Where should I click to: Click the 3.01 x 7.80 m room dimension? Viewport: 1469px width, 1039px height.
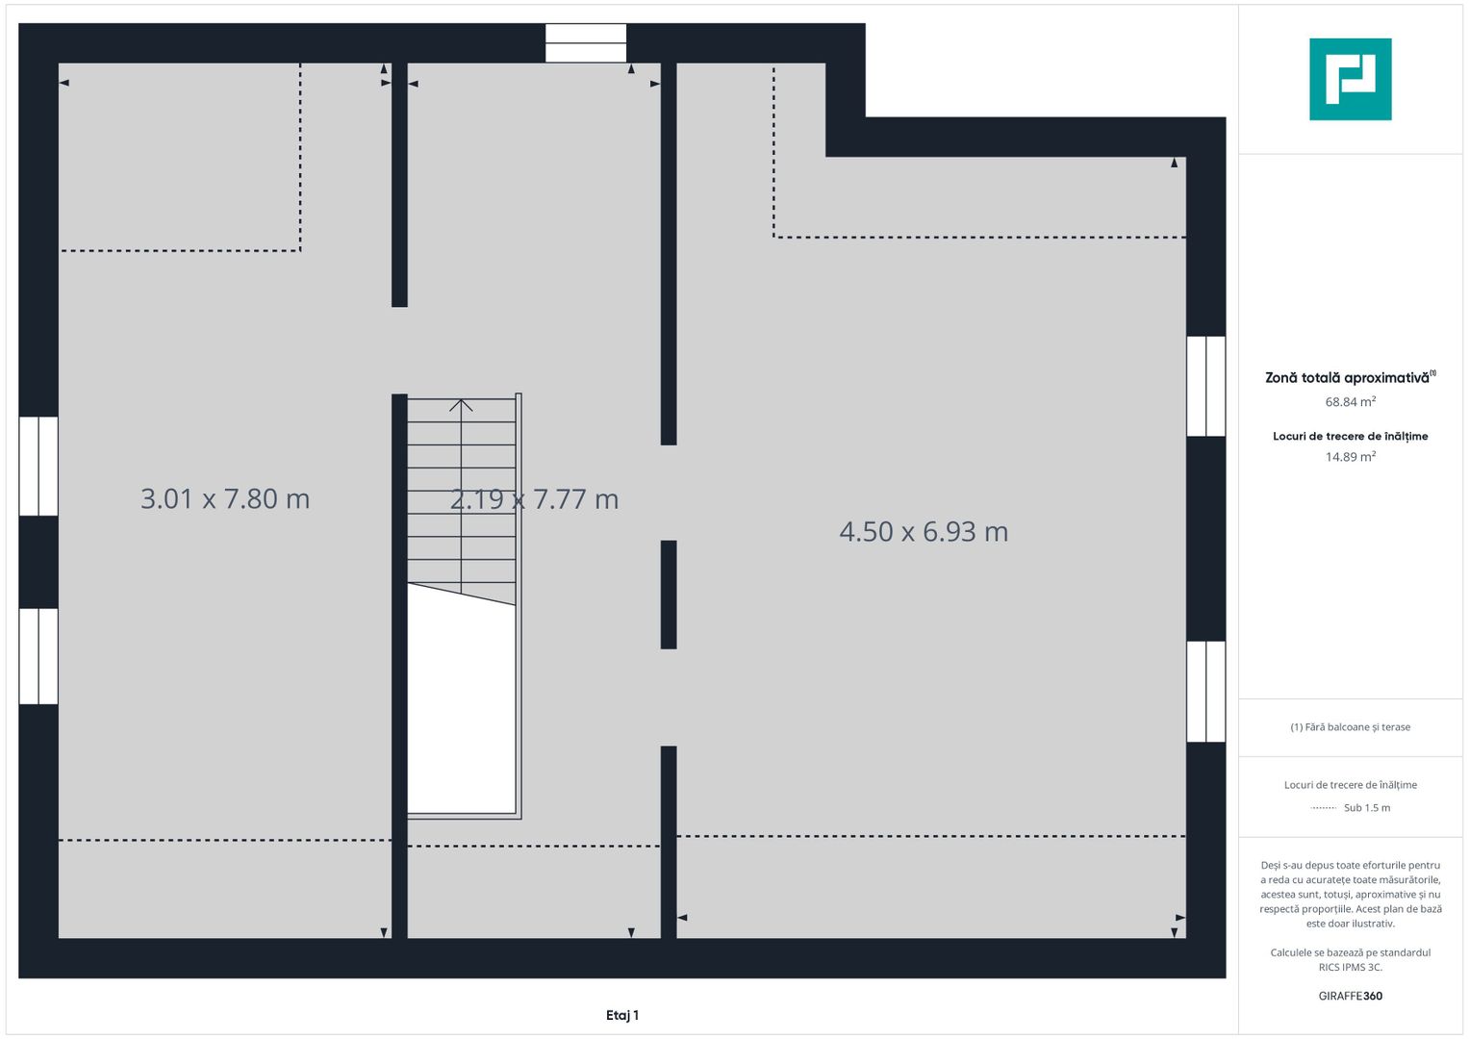[x=225, y=499]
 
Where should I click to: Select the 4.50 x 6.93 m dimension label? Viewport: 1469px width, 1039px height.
[x=924, y=532]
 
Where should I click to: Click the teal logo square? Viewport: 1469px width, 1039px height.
[x=1351, y=79]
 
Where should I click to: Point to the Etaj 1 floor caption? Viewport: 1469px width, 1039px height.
[x=622, y=1015]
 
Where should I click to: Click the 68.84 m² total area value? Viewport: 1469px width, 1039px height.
[x=1351, y=401]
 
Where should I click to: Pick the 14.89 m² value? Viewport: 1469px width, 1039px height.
[x=1351, y=457]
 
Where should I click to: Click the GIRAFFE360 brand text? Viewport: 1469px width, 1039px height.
[x=1351, y=996]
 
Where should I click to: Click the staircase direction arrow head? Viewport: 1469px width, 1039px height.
[x=461, y=405]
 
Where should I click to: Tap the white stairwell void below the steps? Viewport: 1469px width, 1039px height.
[x=461, y=703]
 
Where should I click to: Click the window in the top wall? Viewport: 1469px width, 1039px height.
[x=586, y=43]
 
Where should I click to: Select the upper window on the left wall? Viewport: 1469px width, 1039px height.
[x=38, y=466]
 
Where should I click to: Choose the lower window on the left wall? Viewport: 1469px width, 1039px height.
[x=38, y=656]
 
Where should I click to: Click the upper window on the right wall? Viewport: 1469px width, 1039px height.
[x=1206, y=387]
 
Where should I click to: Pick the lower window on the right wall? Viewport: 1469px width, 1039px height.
[x=1206, y=692]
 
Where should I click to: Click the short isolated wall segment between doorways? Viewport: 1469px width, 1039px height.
[x=669, y=595]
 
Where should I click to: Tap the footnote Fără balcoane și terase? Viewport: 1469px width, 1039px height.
[x=1351, y=726]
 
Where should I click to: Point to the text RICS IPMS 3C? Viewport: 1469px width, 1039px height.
[x=1351, y=967]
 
